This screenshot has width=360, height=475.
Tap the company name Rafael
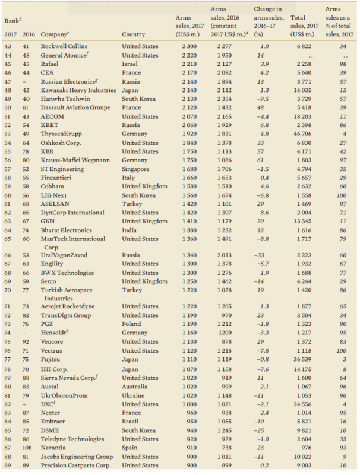[50, 64]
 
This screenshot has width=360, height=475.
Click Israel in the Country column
[131, 64]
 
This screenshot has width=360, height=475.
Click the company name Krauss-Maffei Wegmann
[75, 160]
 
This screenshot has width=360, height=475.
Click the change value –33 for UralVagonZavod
[260, 255]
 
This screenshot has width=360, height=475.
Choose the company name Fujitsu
[52, 360]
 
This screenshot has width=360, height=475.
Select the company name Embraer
[53, 422]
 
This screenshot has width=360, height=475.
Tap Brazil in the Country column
[131, 422]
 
